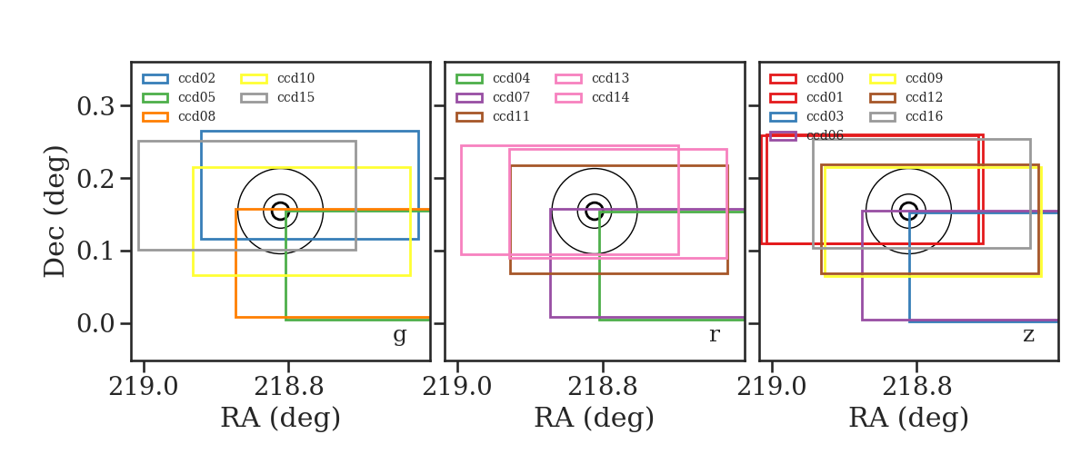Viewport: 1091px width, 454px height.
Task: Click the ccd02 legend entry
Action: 179,78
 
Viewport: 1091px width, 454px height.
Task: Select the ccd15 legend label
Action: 296,97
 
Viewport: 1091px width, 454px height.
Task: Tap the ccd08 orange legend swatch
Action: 155,117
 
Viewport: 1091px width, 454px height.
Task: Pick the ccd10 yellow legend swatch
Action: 255,79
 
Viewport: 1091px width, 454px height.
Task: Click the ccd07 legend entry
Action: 493,97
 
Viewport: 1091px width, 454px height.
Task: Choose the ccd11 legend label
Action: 511,116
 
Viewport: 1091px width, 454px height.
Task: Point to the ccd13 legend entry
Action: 592,78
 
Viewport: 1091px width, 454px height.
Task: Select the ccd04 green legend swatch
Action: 469,79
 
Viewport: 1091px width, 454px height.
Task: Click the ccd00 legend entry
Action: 806,78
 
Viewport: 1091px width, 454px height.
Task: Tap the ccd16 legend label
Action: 925,116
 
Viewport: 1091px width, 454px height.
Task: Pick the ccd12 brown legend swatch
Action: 883,98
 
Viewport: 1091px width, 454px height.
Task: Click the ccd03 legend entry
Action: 806,116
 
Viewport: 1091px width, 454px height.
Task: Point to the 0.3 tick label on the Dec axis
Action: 96,106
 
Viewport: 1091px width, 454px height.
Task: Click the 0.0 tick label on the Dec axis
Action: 96,323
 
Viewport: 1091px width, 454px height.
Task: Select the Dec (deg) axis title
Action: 54,212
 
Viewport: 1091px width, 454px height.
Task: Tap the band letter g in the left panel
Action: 399,335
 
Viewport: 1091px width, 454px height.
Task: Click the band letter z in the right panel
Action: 1028,335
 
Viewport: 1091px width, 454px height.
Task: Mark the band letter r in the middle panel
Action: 714,335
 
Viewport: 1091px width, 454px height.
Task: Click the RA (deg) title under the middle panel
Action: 595,418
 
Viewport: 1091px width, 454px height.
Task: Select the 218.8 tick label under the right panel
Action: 916,388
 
